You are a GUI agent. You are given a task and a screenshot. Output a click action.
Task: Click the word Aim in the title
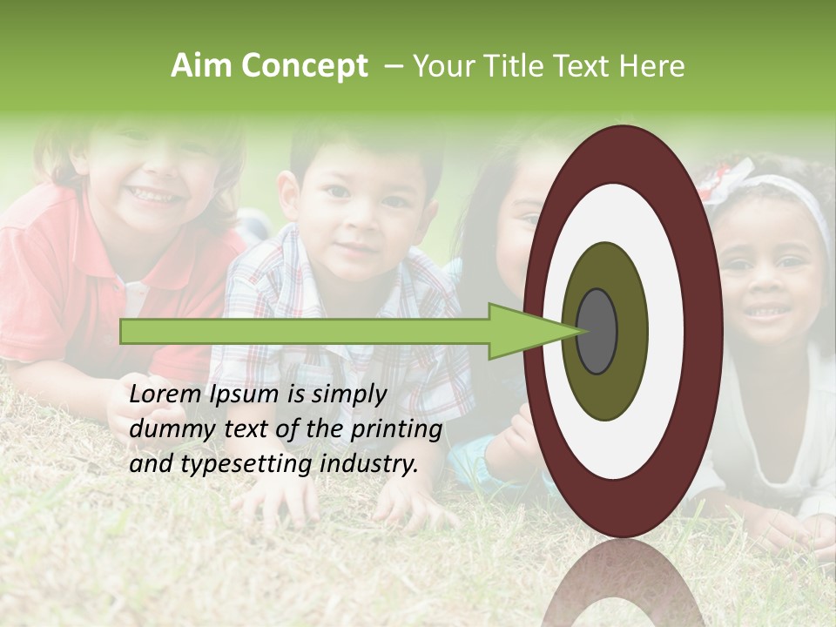point(202,66)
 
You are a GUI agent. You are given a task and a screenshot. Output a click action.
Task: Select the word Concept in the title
point(304,67)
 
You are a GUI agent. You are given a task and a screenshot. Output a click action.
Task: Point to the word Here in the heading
point(653,66)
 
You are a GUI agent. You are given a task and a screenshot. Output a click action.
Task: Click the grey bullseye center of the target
point(597,331)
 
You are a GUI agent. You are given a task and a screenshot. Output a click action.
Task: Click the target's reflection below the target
point(623,583)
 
